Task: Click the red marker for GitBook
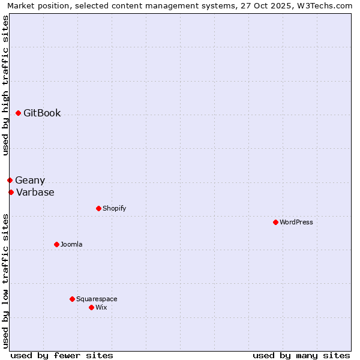(x=18, y=113)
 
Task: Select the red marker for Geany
(x=10, y=180)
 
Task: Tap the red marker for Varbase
(x=11, y=192)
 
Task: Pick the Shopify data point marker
(x=98, y=208)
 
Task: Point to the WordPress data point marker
(x=275, y=222)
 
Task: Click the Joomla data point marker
(x=56, y=244)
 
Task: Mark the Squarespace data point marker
(x=72, y=299)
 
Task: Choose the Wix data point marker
(x=91, y=307)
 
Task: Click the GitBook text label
(x=42, y=113)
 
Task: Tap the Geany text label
(x=30, y=180)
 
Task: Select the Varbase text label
(x=35, y=192)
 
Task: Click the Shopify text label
(x=114, y=208)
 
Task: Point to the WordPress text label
(x=296, y=222)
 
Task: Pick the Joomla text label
(x=71, y=244)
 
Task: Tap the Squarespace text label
(x=97, y=299)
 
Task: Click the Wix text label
(x=101, y=307)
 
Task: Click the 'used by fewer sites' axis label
(x=62, y=355)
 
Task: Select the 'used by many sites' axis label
(x=301, y=355)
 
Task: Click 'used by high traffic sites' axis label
(x=5, y=86)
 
